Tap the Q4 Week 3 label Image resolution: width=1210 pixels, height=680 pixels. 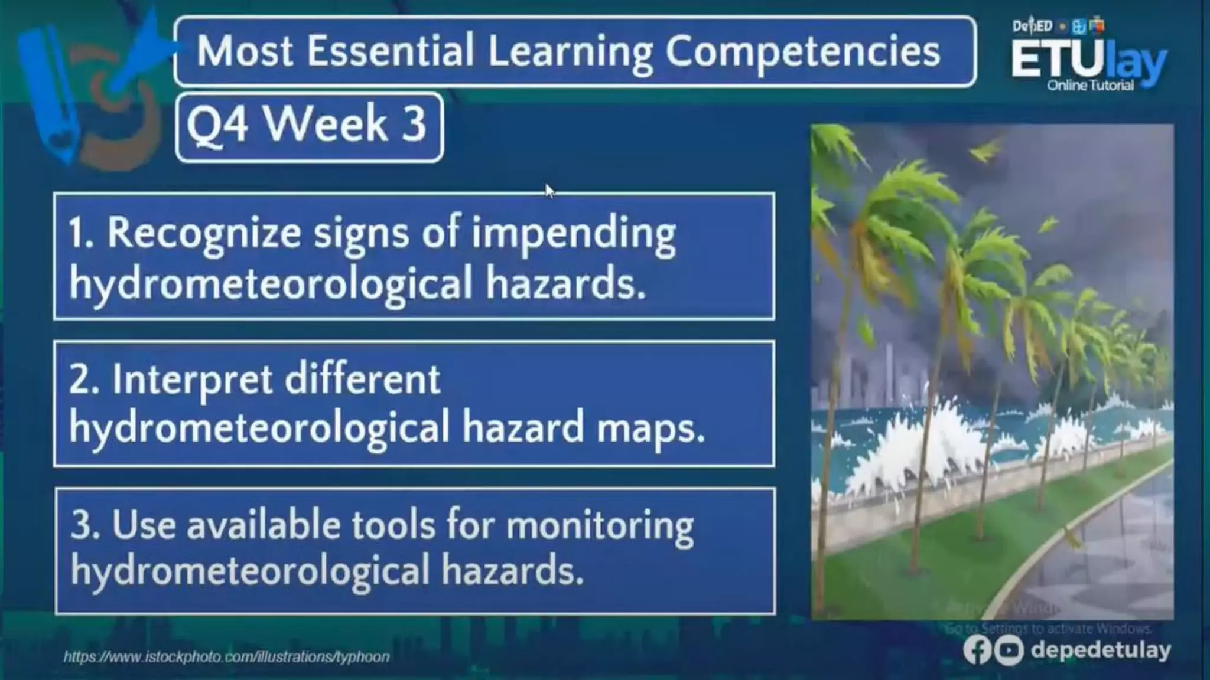(x=307, y=125)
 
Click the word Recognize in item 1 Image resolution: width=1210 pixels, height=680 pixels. (x=204, y=233)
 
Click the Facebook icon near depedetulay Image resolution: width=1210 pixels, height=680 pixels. (x=977, y=650)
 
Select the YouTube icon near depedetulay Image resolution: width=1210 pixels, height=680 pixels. (x=1008, y=650)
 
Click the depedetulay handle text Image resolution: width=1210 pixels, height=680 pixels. (x=1100, y=650)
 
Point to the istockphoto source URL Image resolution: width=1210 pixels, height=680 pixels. (x=226, y=657)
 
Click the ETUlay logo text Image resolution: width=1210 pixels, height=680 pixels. (x=1088, y=60)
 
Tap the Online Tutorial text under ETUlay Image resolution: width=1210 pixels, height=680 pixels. (x=1090, y=86)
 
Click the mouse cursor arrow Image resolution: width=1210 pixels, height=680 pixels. (x=549, y=191)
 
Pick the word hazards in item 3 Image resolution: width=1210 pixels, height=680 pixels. (x=512, y=571)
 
